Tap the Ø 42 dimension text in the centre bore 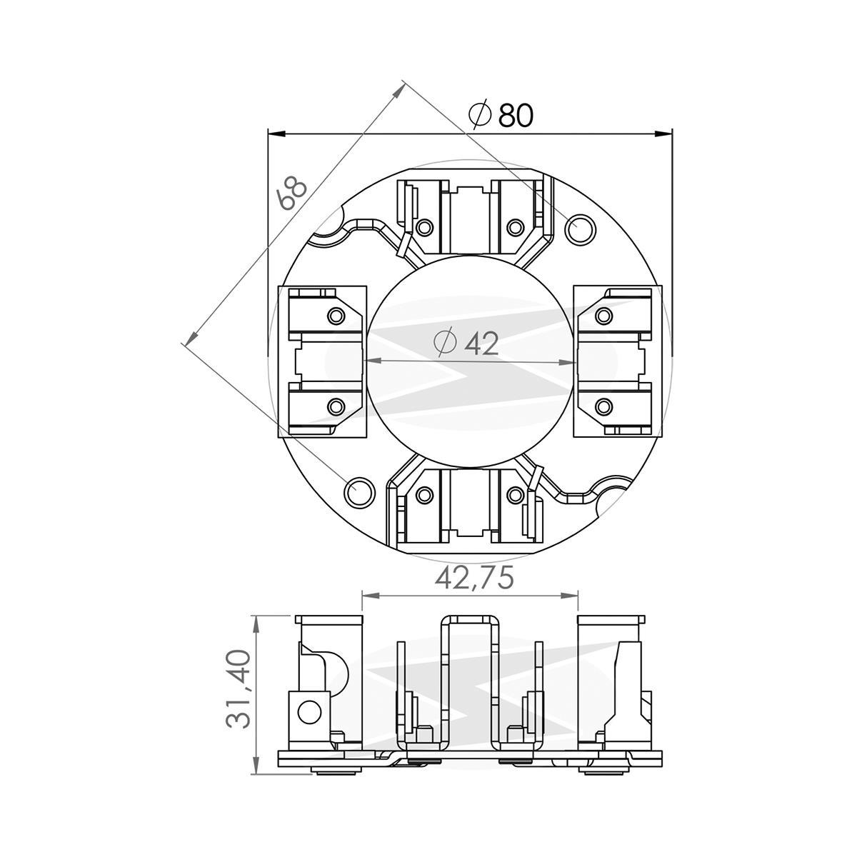[x=466, y=344]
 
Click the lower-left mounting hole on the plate [x=359, y=491]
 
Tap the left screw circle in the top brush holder [x=425, y=228]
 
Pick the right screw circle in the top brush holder [x=514, y=228]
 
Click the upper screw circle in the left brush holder [x=335, y=315]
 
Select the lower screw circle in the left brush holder [x=335, y=407]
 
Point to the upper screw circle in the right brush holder [x=604, y=315]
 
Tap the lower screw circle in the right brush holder [x=604, y=407]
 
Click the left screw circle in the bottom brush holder [x=425, y=494]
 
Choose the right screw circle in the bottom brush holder [x=514, y=494]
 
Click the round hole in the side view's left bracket [x=310, y=711]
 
